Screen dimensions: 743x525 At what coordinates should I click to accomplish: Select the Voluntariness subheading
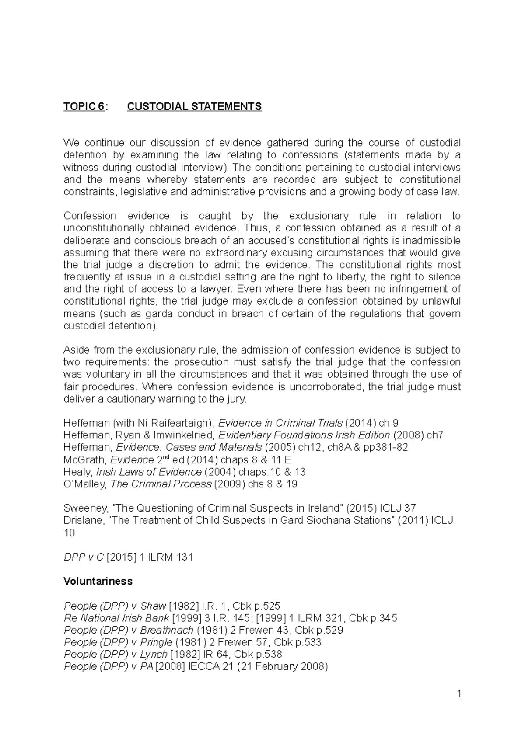pos(98,581)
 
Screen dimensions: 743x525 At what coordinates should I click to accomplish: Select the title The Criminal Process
pos(161,484)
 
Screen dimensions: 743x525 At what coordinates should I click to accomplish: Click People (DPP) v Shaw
pos(115,606)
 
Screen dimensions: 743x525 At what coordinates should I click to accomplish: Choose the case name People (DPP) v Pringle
pos(118,642)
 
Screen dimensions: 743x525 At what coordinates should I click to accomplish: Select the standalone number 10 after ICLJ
pos(69,533)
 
